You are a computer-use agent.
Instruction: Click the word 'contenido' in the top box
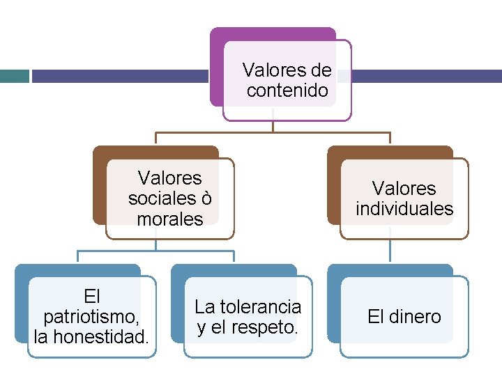point(287,91)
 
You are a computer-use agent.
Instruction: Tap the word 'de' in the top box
point(321,70)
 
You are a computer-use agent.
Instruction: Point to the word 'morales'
point(170,219)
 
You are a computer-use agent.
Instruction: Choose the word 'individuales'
point(404,208)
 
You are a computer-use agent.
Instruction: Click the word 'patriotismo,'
point(91,317)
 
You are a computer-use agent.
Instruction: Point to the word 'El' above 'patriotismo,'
point(91,296)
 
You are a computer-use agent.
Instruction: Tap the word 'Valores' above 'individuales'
point(404,188)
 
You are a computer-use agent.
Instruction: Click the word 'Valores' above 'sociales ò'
point(170,178)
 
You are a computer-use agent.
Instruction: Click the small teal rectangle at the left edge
point(14,75)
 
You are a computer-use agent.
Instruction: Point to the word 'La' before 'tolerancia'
point(204,306)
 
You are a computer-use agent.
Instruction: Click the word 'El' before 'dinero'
point(376,317)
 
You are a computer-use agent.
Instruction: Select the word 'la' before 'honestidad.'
point(41,338)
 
